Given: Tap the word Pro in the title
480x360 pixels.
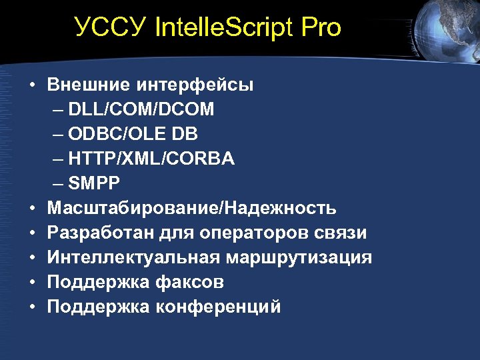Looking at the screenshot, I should tap(321, 28).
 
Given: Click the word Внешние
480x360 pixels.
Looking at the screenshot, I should tap(89, 85).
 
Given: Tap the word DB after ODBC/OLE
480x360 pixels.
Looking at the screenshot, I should tap(184, 135).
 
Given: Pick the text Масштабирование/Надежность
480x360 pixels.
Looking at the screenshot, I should tap(192, 209).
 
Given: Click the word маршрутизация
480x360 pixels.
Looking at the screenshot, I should tap(298, 258).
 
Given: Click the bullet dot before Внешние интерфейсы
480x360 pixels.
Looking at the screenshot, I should tap(32, 86).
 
